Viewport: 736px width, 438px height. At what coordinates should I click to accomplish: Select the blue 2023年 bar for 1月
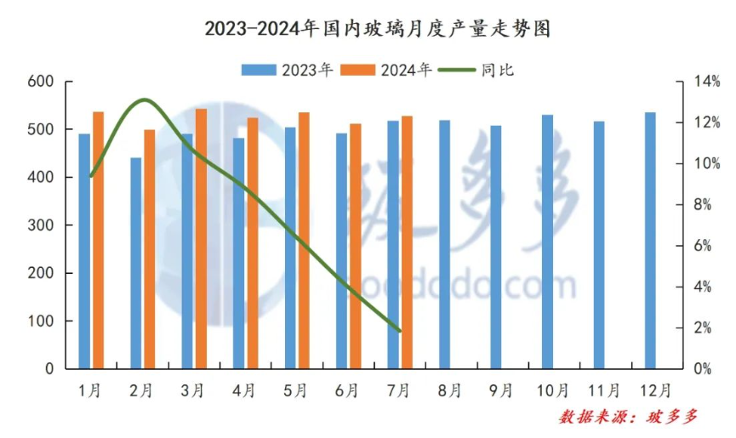tap(84, 251)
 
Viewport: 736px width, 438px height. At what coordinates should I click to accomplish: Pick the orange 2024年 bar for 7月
tap(407, 242)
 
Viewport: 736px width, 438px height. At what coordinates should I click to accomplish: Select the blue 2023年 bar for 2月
tap(135, 263)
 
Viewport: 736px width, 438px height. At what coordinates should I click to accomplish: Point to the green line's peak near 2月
tap(144, 100)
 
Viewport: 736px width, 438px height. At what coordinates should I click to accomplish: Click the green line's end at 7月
tap(399, 331)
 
